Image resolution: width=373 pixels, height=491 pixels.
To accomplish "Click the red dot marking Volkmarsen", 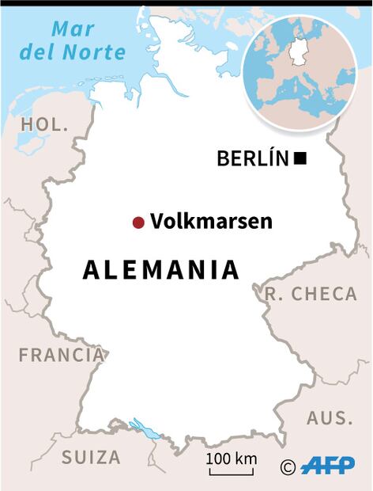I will pyautogui.click(x=138, y=223).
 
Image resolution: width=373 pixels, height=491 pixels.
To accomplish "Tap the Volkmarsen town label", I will pyautogui.click(x=211, y=222).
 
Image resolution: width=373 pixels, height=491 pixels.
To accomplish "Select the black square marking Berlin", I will pyautogui.click(x=300, y=159).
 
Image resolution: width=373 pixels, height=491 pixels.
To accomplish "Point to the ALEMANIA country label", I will pyautogui.click(x=161, y=270).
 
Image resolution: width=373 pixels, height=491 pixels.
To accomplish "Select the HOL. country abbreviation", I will pyautogui.click(x=45, y=124).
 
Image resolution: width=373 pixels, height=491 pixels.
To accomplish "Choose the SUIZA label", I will pyautogui.click(x=92, y=457).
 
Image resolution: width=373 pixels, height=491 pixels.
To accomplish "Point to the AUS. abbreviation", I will pyautogui.click(x=330, y=418).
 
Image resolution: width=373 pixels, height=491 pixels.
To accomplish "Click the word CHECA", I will pyautogui.click(x=324, y=294).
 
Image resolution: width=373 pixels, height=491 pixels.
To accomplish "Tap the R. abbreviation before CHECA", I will pyautogui.click(x=273, y=294).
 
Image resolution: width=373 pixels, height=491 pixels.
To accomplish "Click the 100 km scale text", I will pyautogui.click(x=232, y=459).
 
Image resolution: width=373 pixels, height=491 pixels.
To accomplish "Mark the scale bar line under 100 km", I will pyautogui.click(x=232, y=473).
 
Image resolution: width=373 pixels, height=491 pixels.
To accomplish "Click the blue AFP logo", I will pyautogui.click(x=328, y=465).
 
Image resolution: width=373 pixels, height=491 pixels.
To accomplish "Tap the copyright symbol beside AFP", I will pyautogui.click(x=288, y=466).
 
